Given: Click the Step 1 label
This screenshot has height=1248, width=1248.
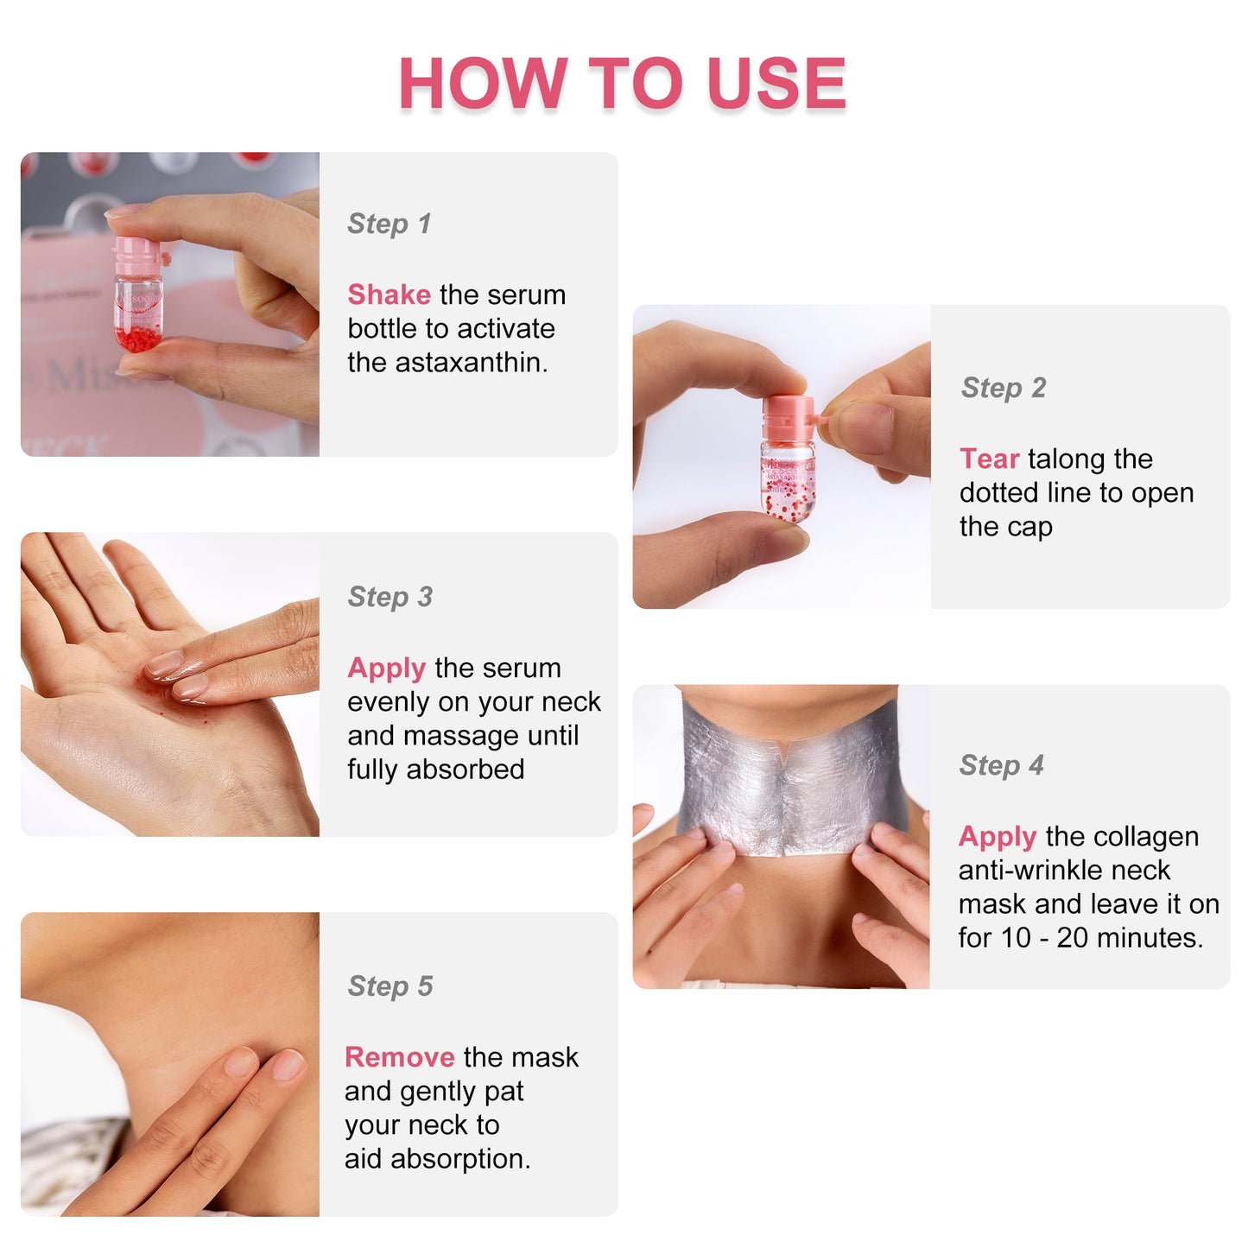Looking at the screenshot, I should (389, 224).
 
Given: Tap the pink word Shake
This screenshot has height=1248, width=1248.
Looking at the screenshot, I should (389, 295).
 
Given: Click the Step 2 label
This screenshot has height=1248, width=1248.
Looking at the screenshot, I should (1003, 388).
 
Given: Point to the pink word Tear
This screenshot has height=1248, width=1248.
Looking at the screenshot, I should (989, 459).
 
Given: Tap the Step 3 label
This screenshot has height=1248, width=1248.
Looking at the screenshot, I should (390, 597).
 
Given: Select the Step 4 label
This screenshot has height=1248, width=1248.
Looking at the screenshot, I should (1001, 765).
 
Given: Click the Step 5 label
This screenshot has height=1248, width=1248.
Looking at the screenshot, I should (390, 986).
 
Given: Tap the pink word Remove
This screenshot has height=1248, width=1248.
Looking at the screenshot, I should (399, 1057).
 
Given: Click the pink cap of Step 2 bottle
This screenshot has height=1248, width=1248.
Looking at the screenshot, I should (788, 415).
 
